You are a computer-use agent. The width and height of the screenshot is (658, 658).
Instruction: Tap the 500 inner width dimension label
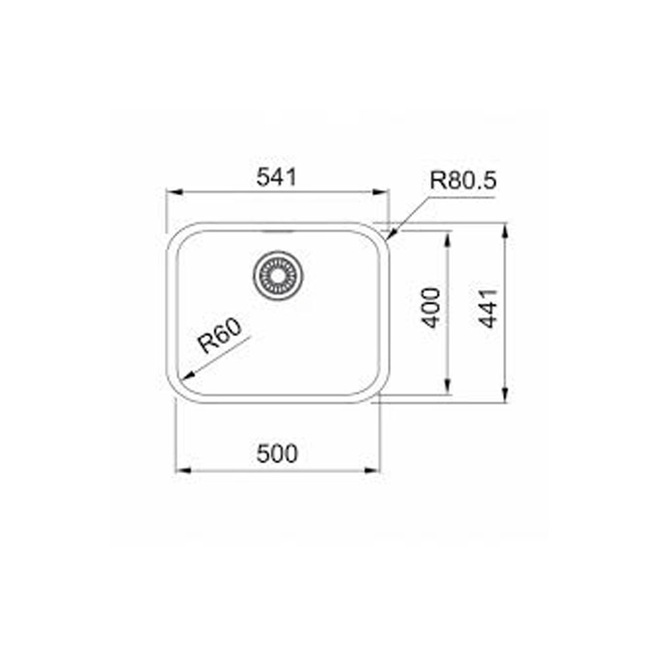click(x=277, y=453)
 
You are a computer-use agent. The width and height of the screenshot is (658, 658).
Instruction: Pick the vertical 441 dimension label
click(x=488, y=309)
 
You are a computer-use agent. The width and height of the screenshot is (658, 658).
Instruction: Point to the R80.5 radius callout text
click(x=463, y=180)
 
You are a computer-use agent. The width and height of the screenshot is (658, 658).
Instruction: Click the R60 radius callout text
click(x=220, y=336)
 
